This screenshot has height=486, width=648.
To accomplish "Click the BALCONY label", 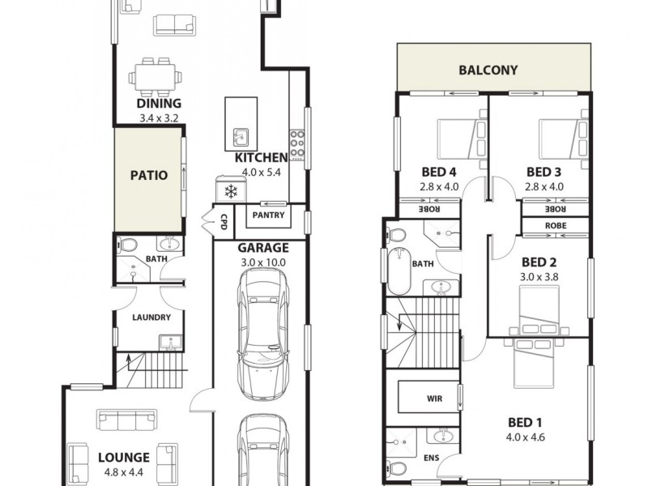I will coord(488,70).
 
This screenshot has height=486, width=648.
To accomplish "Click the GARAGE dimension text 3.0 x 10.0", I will coord(262,262).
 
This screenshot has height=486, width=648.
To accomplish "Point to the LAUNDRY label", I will coord(151,317).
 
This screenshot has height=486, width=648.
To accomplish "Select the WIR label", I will coord(433,399).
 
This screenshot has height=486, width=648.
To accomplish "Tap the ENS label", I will coord(432,457).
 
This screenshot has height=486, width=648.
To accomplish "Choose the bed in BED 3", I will coord(561,139).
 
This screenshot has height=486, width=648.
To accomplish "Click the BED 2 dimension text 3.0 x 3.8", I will coord(539,277).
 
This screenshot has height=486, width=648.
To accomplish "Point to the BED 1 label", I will coord(524,422).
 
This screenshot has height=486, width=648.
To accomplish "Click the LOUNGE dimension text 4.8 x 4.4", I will coord(124,471).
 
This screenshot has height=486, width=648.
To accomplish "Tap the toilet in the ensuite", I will coord(396,467).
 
